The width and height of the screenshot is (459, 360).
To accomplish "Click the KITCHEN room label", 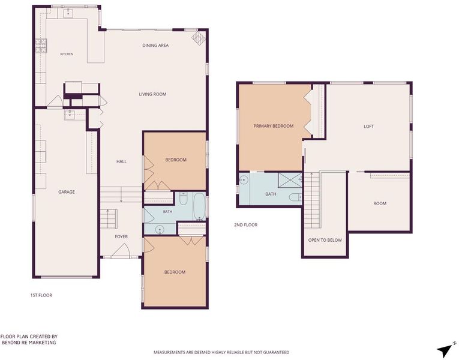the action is [67, 54].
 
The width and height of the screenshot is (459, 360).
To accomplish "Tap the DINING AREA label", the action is [155, 46].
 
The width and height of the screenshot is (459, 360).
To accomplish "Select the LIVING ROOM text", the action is [152, 94].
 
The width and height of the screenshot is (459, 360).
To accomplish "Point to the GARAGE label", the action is [67, 192].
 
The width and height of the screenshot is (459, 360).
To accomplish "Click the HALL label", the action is [121, 161].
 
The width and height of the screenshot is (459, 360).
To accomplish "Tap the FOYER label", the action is [121, 236].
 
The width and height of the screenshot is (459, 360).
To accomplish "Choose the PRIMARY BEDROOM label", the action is [274, 126].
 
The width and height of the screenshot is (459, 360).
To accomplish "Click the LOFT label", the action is [368, 127].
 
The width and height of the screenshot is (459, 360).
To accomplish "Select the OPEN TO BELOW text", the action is [325, 240].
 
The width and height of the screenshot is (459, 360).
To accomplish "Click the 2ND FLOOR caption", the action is [245, 225].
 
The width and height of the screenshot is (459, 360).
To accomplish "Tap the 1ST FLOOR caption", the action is [41, 295].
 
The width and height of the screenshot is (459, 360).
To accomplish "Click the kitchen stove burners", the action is [41, 46].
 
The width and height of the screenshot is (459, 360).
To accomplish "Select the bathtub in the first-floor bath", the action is [200, 206].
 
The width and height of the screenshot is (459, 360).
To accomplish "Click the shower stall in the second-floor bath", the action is [290, 180].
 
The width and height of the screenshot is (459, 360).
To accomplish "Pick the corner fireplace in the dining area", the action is [198, 39].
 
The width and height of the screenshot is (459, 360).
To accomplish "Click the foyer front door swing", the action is [121, 251].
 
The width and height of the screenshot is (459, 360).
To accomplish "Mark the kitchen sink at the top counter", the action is [68, 13].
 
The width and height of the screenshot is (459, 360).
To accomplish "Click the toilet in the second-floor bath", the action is [295, 197].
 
